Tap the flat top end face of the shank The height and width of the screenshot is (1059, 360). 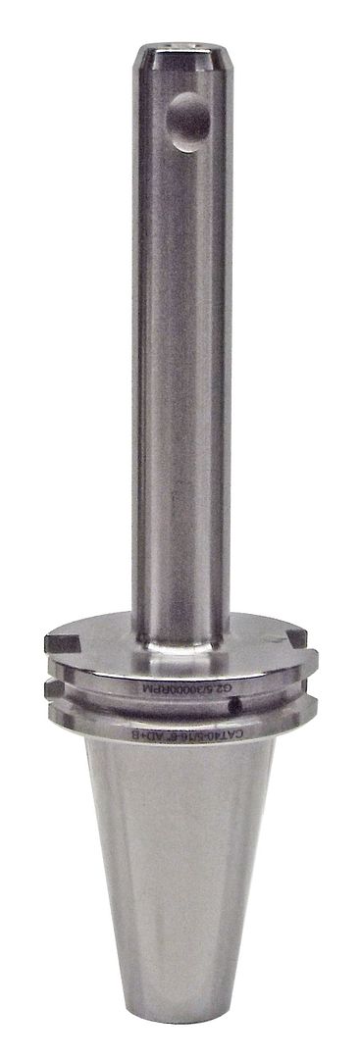click(180, 47)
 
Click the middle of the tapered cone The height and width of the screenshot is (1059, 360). click(180, 882)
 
